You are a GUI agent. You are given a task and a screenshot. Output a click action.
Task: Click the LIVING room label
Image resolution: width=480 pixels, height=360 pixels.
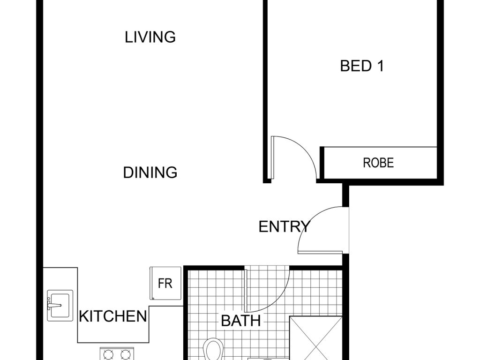pos(150,37)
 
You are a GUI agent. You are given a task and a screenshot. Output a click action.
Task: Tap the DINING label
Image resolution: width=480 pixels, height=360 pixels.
pos(150,172)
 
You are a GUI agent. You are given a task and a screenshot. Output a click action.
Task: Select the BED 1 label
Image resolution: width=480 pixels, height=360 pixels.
pos(362,66)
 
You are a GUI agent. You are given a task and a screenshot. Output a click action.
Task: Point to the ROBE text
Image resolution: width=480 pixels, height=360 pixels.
pos(378,163)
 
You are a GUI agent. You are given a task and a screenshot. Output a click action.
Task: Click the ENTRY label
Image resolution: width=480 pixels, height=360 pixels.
pos(285,227)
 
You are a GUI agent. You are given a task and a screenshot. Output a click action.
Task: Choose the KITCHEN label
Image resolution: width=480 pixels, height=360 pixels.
pos(113,316)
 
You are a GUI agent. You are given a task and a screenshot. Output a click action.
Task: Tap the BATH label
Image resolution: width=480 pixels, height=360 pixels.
pos(240,321)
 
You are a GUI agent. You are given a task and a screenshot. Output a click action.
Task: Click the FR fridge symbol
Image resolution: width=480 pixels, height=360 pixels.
pos(165,283)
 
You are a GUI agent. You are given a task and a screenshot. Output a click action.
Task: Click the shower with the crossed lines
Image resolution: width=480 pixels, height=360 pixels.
pos(315,338)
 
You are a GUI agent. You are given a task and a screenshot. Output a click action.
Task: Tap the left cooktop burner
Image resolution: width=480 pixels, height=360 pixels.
pos(109,355)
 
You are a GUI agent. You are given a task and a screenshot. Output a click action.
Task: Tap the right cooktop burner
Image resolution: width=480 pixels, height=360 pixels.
pos(126,355)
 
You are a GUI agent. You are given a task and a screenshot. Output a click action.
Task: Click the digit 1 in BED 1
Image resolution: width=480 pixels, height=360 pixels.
pos(380,66)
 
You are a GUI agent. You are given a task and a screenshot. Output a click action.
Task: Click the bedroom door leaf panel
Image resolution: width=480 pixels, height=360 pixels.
pos(272,157)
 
